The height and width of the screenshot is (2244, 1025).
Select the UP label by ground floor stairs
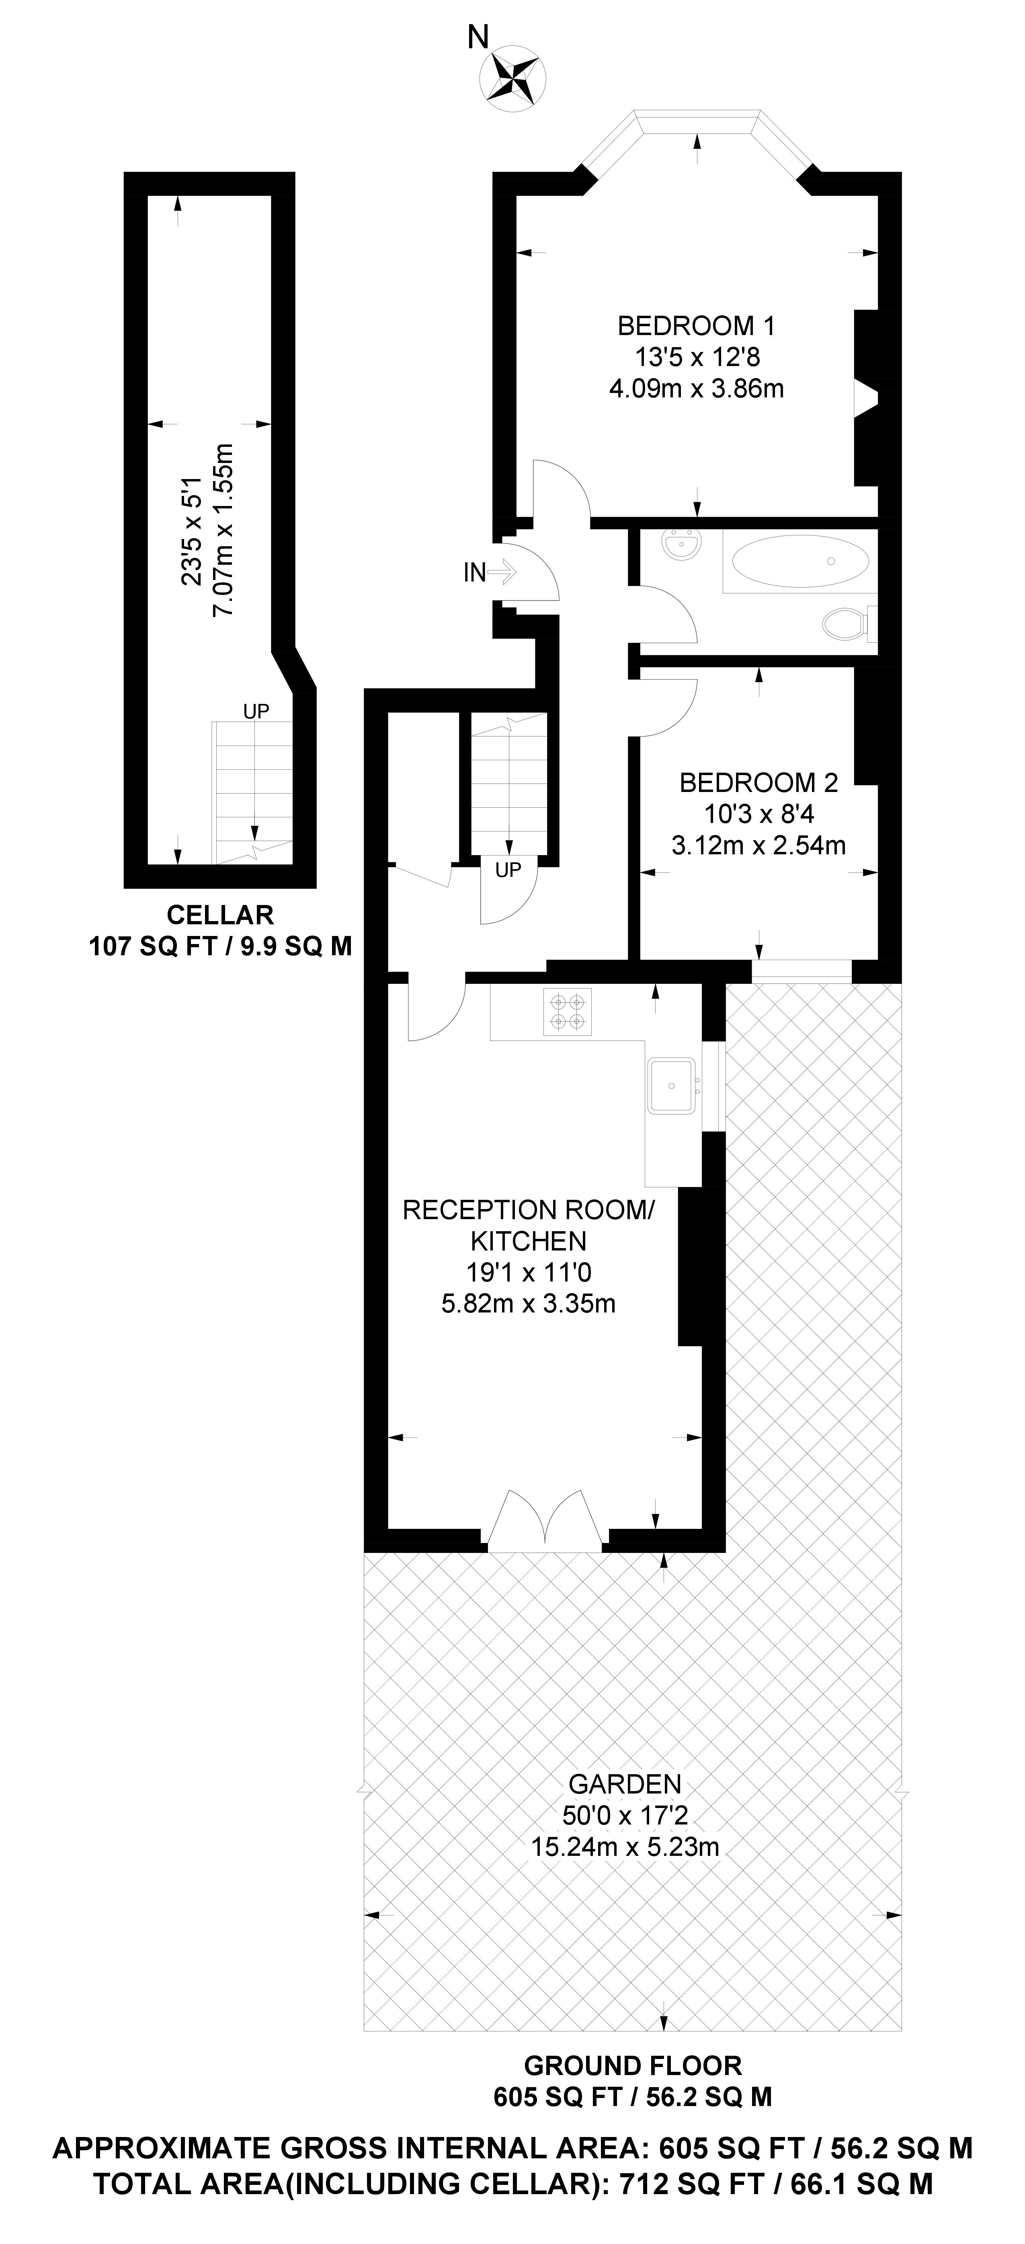(x=508, y=869)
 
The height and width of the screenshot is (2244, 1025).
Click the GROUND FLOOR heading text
(x=632, y=2065)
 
